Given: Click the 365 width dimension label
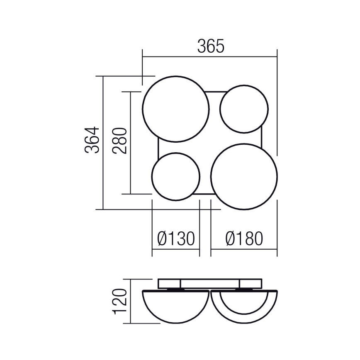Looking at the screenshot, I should click(210, 46).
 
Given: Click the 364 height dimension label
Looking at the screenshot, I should click(93, 140).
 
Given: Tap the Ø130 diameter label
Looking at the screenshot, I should click(176, 239).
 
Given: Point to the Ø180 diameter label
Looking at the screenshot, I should click(244, 239).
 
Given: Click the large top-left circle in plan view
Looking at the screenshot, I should click(176, 109).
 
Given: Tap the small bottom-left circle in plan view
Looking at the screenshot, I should click(176, 176).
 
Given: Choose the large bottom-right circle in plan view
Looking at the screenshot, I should click(244, 176).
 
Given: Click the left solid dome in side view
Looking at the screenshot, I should click(176, 305).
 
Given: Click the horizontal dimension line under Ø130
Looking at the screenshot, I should click(176, 250).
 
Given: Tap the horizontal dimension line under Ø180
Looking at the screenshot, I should click(244, 250).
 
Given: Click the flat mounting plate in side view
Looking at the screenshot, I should click(210, 284).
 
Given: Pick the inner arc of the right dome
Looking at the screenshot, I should click(244, 307).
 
